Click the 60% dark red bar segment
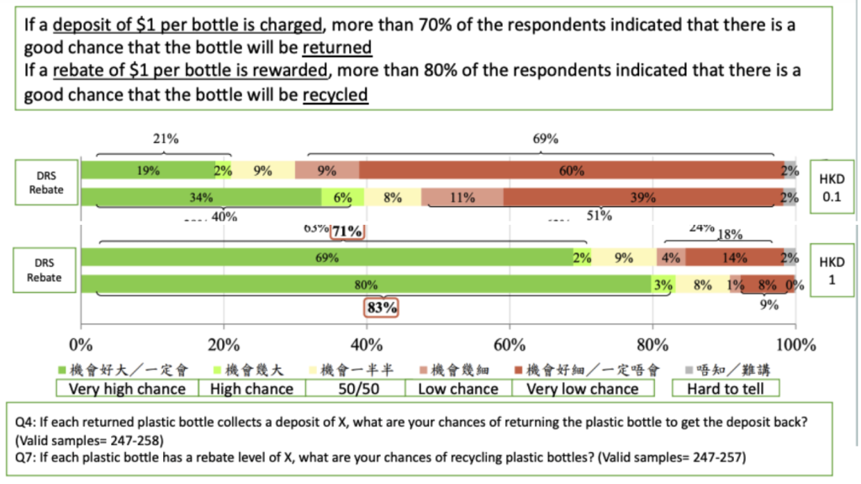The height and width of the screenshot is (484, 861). click(x=572, y=171)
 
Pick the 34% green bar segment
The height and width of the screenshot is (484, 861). click(x=201, y=198)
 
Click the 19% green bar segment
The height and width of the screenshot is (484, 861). click(x=147, y=171)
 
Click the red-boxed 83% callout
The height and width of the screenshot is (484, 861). click(x=381, y=308)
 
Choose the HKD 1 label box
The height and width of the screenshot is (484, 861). click(x=831, y=270)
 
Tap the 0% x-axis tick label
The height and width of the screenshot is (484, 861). click(x=81, y=345)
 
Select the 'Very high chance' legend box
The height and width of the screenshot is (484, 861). click(x=127, y=389)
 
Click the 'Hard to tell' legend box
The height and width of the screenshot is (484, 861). click(x=726, y=389)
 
